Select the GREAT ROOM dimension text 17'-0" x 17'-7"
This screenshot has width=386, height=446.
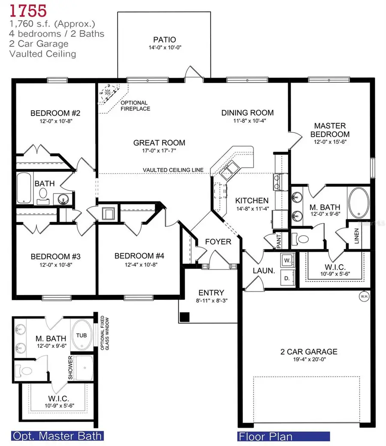click(x=159, y=151)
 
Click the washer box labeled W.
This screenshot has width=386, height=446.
click(x=286, y=260)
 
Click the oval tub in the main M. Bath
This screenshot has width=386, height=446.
click(x=358, y=204)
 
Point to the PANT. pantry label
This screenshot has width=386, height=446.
click(x=278, y=242)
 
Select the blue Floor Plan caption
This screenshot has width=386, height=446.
click(x=265, y=437)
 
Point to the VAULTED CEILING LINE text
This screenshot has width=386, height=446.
click(x=173, y=170)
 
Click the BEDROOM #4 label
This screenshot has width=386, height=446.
click(x=139, y=256)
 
